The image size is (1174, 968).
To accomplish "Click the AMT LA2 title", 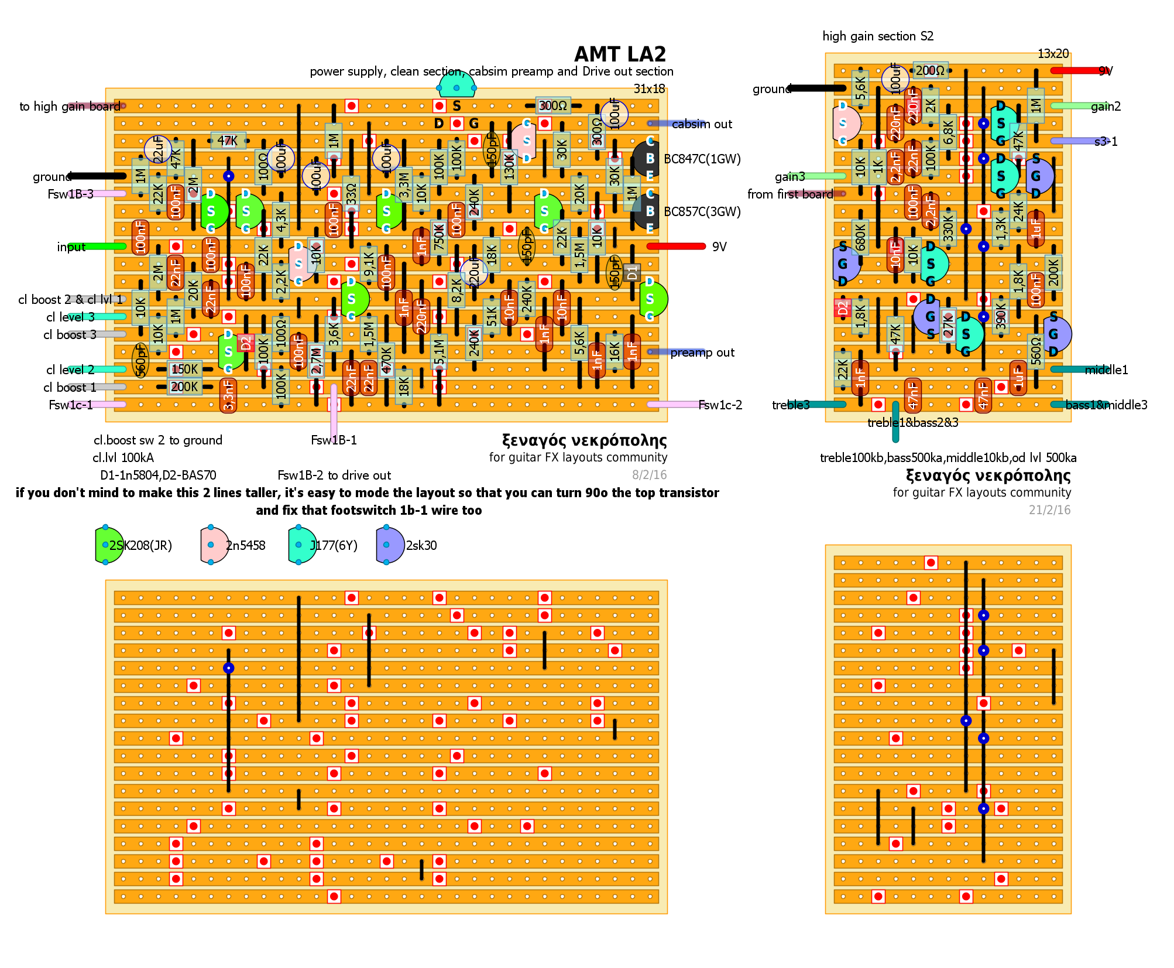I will coord(620,54).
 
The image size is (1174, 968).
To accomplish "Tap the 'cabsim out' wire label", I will coord(702,124).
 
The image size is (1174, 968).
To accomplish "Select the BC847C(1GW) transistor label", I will coord(702,159).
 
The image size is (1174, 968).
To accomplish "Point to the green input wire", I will coord(97,247).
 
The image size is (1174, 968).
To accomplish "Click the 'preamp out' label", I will coord(702,353).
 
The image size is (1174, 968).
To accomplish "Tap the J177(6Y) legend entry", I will coord(333,546).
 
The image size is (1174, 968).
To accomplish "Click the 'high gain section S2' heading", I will coord(878,36).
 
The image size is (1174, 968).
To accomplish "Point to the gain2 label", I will coord(1106,107).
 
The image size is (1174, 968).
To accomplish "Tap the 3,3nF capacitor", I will coord(228,395).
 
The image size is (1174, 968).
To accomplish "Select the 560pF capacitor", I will coord(140,359).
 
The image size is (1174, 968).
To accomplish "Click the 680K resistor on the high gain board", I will coord(860,237).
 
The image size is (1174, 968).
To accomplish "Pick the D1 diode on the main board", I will coord(631,272).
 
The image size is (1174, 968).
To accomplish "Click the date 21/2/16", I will coord(1049,510).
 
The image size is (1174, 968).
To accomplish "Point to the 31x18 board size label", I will coord(649,89).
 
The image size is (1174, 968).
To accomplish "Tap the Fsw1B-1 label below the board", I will coord(334,440).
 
